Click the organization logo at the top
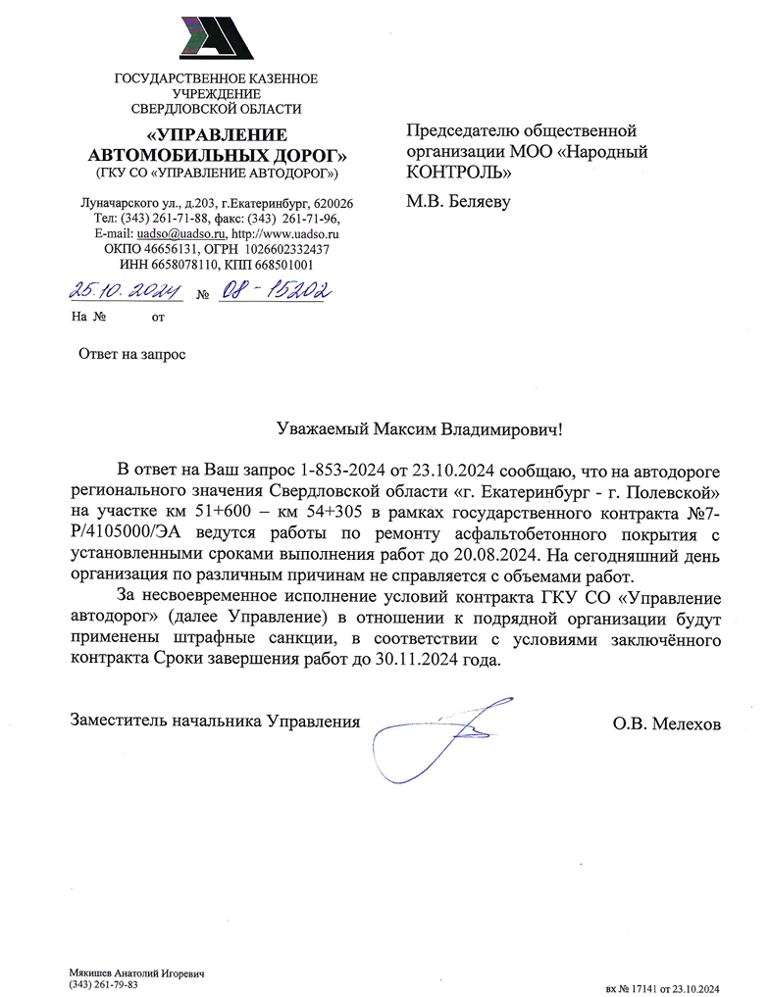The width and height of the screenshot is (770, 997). pyautogui.click(x=217, y=38)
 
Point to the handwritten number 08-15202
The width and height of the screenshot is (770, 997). pyautogui.click(x=272, y=290)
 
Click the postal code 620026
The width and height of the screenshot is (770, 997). pyautogui.click(x=334, y=203)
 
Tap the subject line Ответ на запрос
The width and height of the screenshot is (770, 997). pyautogui.click(x=131, y=353)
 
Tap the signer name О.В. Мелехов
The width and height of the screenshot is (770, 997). pyautogui.click(x=667, y=724)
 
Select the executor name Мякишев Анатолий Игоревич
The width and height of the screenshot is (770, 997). pyautogui.click(x=136, y=972)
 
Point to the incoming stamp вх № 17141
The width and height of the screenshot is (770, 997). pyautogui.click(x=637, y=988)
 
